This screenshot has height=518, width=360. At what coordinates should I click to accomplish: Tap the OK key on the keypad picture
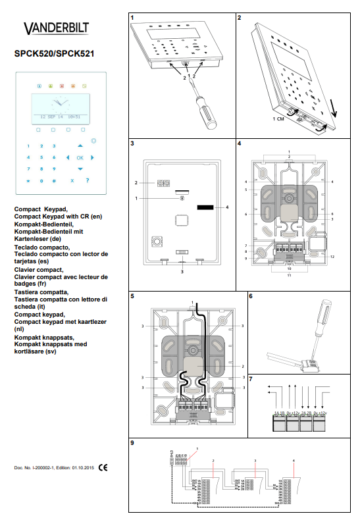(x=80, y=158)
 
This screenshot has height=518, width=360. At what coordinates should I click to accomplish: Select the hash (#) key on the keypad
(x=54, y=180)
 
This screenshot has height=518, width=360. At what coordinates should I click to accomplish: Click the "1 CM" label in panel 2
(x=278, y=120)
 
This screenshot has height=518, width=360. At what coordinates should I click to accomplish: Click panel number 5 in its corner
(x=133, y=297)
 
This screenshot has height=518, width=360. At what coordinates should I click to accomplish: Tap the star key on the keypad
(x=28, y=180)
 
